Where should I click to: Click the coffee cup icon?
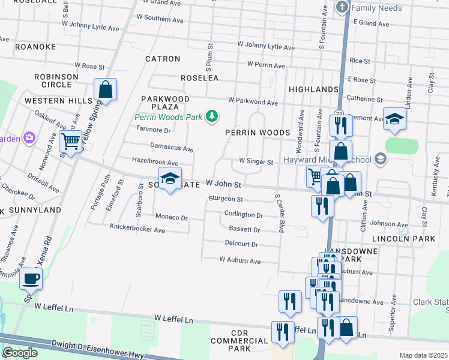pyautogui.click(x=31, y=279)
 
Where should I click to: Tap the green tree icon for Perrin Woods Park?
pyautogui.click(x=211, y=116)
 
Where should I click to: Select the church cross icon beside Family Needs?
pyautogui.click(x=342, y=8)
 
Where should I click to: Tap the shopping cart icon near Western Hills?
pyautogui.click(x=71, y=142)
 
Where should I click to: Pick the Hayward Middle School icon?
pyautogui.click(x=379, y=158)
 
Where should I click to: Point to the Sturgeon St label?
pyautogui.click(x=225, y=199)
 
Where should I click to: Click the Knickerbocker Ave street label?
pyautogui.click(x=137, y=229)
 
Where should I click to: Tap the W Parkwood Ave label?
pyautogui.click(x=252, y=103)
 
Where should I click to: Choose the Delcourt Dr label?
pyautogui.click(x=241, y=245)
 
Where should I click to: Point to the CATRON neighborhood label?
pyautogui.click(x=163, y=59)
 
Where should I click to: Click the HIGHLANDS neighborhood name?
pyautogui.click(x=313, y=89)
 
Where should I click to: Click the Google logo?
pyautogui.click(x=20, y=353)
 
